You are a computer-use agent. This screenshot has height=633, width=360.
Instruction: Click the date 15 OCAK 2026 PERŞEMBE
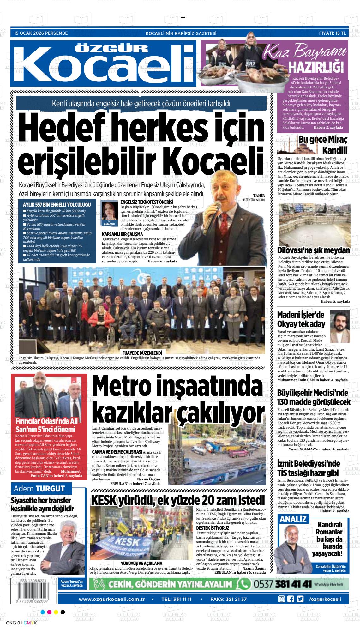point(41,33)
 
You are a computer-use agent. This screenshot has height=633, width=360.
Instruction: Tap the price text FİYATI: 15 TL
point(333,33)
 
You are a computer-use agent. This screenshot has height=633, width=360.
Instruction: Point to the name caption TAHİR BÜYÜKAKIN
point(254,197)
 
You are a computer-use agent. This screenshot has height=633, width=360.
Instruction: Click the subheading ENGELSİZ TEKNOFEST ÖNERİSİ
point(147,202)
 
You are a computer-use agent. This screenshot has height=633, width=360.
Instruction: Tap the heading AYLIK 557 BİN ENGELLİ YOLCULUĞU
point(57,204)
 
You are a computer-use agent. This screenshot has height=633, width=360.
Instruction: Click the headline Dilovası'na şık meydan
point(314,250)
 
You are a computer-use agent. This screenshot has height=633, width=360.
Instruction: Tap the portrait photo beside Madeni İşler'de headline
point(340,322)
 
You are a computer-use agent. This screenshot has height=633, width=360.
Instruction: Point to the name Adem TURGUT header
point(39,489)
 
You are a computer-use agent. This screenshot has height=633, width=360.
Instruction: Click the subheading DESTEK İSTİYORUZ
point(213,528)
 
